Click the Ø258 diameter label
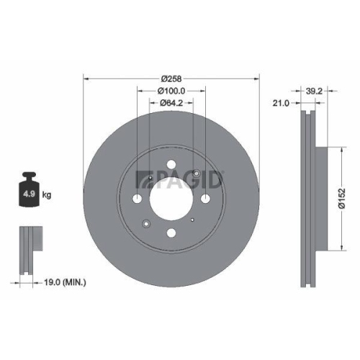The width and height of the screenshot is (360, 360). (x=171, y=78)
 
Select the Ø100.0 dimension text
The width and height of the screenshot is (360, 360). (x=171, y=91)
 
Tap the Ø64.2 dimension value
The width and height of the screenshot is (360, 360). (x=171, y=104)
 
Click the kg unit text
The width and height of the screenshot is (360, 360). (x=47, y=195)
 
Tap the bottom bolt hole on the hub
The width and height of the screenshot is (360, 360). (x=171, y=232)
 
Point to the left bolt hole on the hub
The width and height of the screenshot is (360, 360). (x=138, y=198)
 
